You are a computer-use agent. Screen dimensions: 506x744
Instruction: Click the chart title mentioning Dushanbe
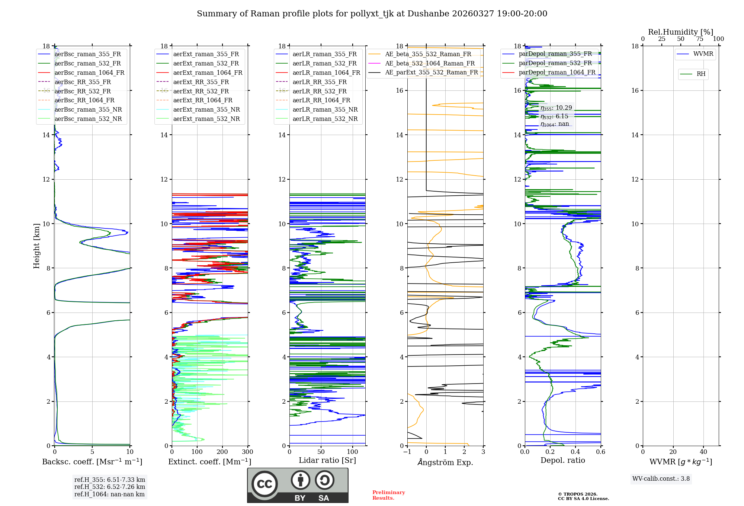tap(372, 14)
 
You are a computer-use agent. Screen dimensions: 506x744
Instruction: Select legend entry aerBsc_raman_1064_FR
tap(89, 73)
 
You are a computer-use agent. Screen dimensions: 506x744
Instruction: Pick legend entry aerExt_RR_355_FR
tap(201, 82)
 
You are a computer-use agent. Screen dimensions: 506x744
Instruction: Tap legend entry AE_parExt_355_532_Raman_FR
tap(431, 72)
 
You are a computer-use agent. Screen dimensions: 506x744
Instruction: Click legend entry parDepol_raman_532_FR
tap(555, 63)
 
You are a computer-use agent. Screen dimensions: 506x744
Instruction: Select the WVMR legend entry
tap(703, 54)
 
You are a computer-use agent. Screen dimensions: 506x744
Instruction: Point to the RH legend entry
tap(701, 74)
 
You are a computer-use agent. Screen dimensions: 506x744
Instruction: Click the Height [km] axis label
tap(36, 246)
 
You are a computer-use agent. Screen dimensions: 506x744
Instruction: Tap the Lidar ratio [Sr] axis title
tap(327, 460)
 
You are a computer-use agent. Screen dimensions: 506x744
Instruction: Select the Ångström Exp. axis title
tap(445, 462)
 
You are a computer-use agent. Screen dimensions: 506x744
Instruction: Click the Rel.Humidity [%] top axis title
tap(680, 32)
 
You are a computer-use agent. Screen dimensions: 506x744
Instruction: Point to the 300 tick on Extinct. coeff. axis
tap(247, 452)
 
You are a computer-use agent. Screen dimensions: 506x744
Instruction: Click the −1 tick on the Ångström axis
tap(407, 452)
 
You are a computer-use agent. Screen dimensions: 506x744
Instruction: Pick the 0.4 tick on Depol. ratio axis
tap(575, 452)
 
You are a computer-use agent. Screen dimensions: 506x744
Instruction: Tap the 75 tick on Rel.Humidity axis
tap(700, 39)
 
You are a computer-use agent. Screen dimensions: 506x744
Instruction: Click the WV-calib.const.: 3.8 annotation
tap(661, 479)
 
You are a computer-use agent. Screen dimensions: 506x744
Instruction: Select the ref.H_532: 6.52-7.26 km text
tap(110, 487)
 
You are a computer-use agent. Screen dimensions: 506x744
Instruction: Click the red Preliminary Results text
tap(388, 495)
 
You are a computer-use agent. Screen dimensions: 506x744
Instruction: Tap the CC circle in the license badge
tap(264, 484)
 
